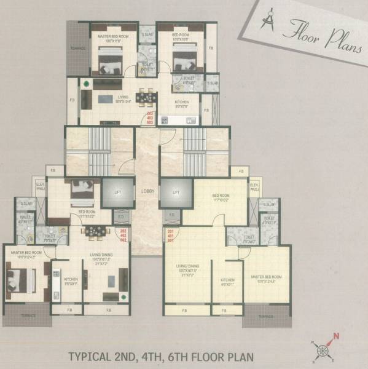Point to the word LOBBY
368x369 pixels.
147,191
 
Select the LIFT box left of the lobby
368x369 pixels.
117,192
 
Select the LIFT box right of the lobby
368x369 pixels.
176,192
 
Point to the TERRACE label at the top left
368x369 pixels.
77,47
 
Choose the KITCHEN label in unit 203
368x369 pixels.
182,102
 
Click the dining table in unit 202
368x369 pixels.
96,232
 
